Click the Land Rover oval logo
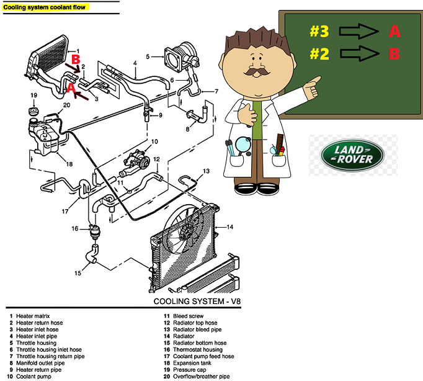tap(352, 155)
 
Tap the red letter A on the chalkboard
tap(394, 31)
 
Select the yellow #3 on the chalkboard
tap(319, 31)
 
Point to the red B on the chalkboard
tap(394, 53)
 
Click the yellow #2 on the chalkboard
tap(319, 53)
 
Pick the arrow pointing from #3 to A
tap(359, 31)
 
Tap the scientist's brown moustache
tap(257, 72)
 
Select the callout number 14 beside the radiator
tap(230, 227)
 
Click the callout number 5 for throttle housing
tap(148, 56)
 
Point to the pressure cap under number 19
tap(33, 111)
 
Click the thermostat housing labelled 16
tap(95, 231)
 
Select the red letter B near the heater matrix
tap(76, 60)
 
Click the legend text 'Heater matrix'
tap(33, 316)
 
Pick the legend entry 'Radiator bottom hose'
tap(200, 343)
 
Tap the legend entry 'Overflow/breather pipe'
tap(201, 377)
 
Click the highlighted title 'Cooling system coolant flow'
tap(44, 7)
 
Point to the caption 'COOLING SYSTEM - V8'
tap(197, 301)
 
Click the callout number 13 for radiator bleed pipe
tap(206, 171)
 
